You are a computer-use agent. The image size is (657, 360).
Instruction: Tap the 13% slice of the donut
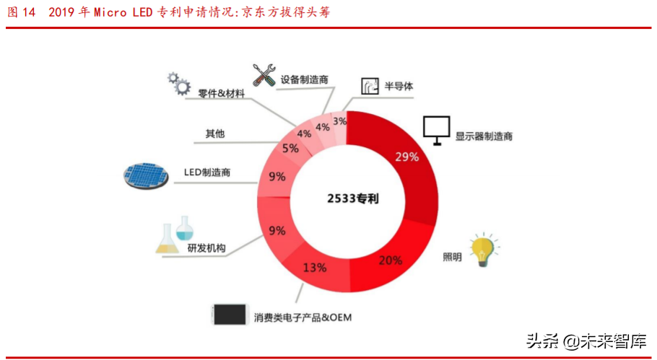314,267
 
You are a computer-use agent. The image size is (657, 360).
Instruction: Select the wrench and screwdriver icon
264,75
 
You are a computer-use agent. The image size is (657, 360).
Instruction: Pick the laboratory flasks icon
175,234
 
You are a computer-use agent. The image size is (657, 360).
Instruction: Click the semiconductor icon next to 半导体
370,87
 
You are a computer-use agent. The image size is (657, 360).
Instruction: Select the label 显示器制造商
483,136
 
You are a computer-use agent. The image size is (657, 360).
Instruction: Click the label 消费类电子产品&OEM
306,317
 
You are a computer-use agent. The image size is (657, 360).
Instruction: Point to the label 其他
215,133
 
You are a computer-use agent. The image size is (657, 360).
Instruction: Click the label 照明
452,257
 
